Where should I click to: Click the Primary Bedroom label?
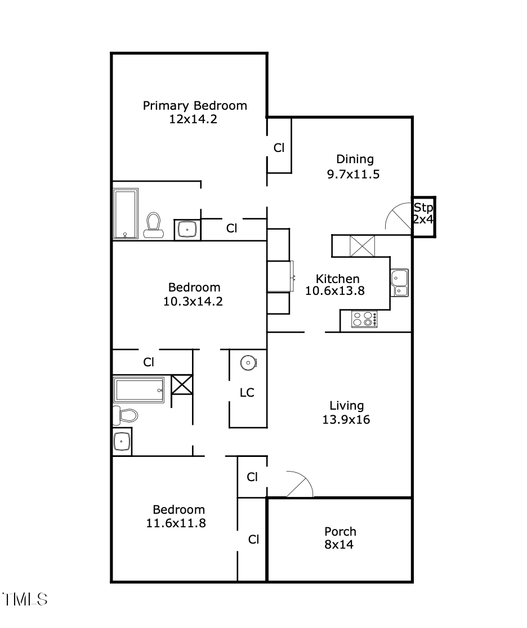(x=195, y=105)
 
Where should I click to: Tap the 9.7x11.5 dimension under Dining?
(x=353, y=174)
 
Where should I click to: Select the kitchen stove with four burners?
(x=364, y=319)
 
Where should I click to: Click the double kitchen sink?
(x=400, y=282)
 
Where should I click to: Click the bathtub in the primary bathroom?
(x=126, y=214)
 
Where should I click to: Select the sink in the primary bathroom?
(x=186, y=229)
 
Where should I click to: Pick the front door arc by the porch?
(x=300, y=485)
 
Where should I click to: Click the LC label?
(x=247, y=393)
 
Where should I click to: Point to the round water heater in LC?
(x=248, y=364)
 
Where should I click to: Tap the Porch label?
(x=340, y=531)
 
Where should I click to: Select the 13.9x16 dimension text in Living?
(x=346, y=419)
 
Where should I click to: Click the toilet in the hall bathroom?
(x=126, y=415)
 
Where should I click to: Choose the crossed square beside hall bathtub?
(x=182, y=385)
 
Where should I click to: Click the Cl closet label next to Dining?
(x=279, y=148)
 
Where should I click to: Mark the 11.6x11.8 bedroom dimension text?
(x=176, y=523)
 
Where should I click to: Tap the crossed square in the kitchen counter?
(x=362, y=246)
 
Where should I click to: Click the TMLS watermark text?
(x=25, y=599)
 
